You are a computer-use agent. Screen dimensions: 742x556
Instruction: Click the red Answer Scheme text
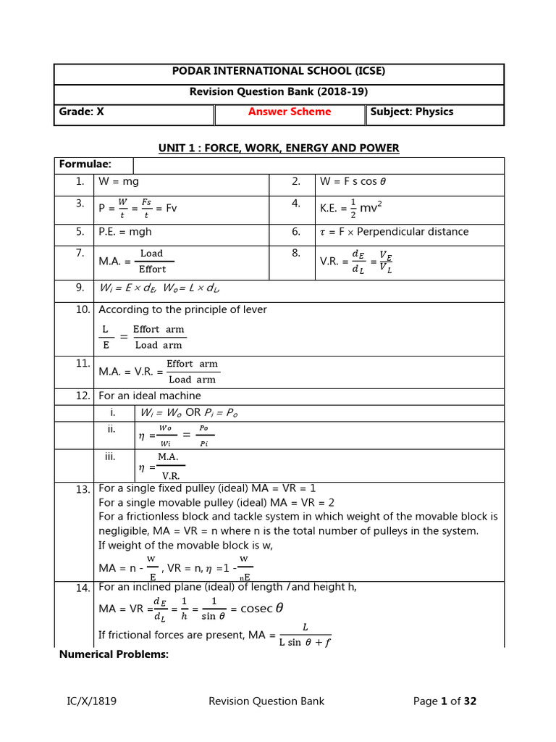[x=290, y=112]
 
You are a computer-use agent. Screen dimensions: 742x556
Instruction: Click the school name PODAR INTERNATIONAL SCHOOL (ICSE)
[x=278, y=71]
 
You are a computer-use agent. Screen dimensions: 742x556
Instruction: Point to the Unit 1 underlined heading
[x=279, y=148]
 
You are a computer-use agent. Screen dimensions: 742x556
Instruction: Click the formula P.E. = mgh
[x=125, y=232]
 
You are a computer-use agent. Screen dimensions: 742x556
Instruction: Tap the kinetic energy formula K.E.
[x=350, y=208]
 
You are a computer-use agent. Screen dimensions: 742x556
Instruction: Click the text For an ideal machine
[x=150, y=396]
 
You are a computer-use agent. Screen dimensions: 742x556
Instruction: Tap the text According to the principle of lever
[x=182, y=309]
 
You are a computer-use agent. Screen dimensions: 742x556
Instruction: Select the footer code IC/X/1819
[x=90, y=701]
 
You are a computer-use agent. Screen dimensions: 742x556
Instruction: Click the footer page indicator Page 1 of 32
[x=445, y=701]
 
